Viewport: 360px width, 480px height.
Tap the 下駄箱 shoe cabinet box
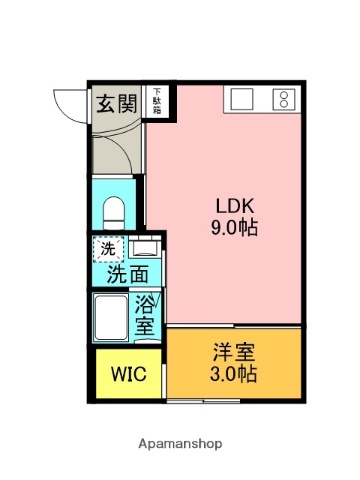click(x=156, y=101)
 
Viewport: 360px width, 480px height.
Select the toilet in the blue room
click(x=113, y=212)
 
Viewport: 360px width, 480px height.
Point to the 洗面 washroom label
click(x=127, y=273)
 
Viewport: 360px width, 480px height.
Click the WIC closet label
click(x=128, y=375)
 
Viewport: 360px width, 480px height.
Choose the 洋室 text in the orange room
click(x=233, y=353)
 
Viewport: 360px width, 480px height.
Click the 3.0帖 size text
click(x=233, y=376)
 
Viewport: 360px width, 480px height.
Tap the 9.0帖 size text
click(x=234, y=228)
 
